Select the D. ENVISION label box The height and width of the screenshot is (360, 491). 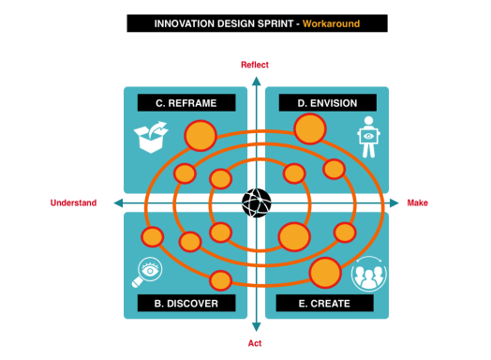327,103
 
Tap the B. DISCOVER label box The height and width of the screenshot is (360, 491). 185,304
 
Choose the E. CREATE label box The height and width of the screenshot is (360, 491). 325,304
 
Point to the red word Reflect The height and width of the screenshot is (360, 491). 255,65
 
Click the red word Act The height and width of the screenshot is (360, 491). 255,344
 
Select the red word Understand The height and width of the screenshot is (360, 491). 73,202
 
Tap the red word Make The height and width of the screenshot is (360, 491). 418,202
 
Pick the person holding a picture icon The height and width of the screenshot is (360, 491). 369,137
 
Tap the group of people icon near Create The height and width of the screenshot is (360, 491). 368,274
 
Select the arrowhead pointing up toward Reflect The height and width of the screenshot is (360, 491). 256,75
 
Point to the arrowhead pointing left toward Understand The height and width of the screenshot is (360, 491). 117,203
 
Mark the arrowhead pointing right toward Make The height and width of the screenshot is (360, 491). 394,203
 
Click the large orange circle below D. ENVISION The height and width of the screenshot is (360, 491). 310,128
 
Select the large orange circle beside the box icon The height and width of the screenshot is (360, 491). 201,137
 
